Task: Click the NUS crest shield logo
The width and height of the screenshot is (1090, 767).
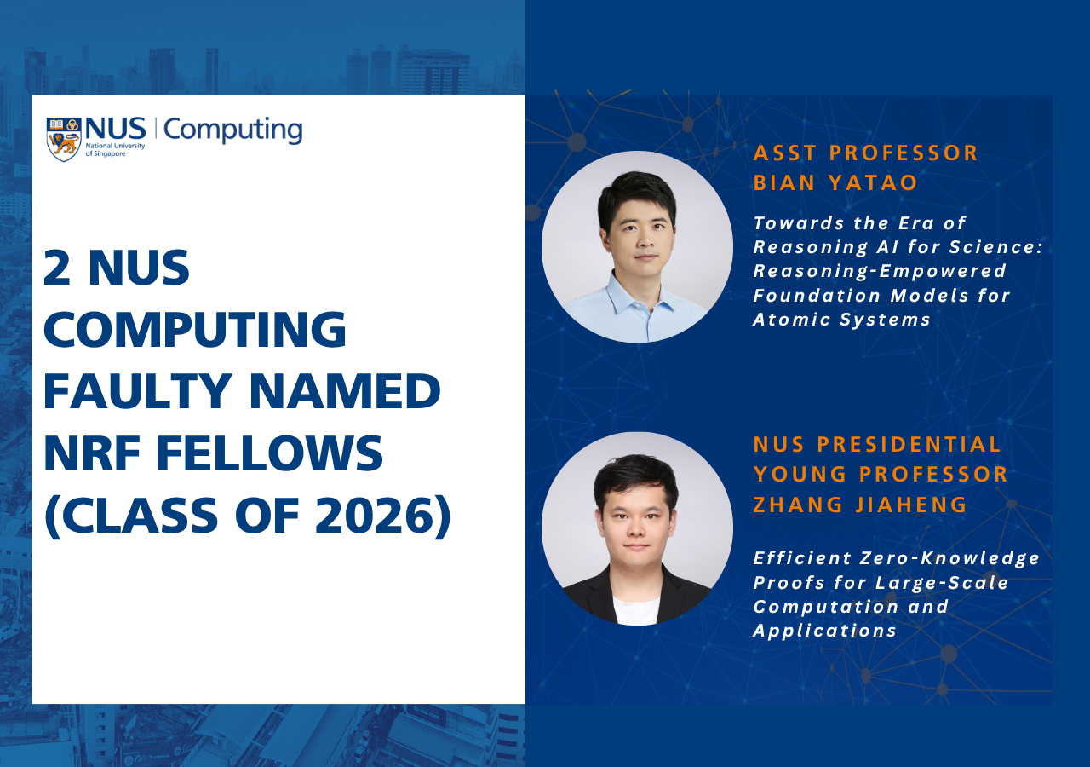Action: pyautogui.click(x=64, y=139)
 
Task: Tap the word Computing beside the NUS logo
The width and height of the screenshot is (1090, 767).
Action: pyautogui.click(x=232, y=130)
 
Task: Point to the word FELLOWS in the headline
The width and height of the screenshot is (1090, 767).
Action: pyautogui.click(x=270, y=453)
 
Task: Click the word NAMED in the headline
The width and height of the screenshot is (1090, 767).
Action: pyautogui.click(x=345, y=391)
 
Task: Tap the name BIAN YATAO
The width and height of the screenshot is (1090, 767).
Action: pyautogui.click(x=835, y=183)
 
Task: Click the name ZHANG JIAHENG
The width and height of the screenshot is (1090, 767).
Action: pyautogui.click(x=860, y=505)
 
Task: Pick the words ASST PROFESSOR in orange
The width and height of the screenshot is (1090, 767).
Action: pyautogui.click(x=866, y=153)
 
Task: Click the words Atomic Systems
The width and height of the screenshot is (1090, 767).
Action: pyautogui.click(x=841, y=320)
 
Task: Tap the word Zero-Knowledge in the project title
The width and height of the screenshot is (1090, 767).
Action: pyautogui.click(x=949, y=558)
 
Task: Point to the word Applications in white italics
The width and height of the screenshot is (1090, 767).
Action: pyautogui.click(x=825, y=631)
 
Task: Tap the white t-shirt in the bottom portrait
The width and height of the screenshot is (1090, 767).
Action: pyautogui.click(x=636, y=609)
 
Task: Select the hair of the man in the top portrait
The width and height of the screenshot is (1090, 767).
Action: pyautogui.click(x=636, y=193)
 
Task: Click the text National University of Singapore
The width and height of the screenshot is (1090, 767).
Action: pyautogui.click(x=115, y=149)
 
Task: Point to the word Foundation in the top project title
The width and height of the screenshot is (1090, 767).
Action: pyautogui.click(x=817, y=296)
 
